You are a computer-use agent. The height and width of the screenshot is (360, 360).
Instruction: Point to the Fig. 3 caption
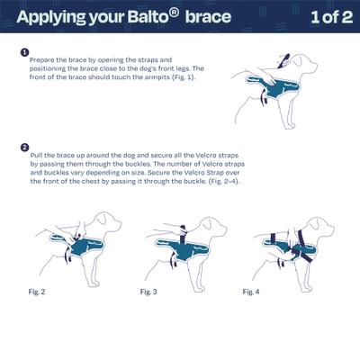[x=150, y=292]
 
